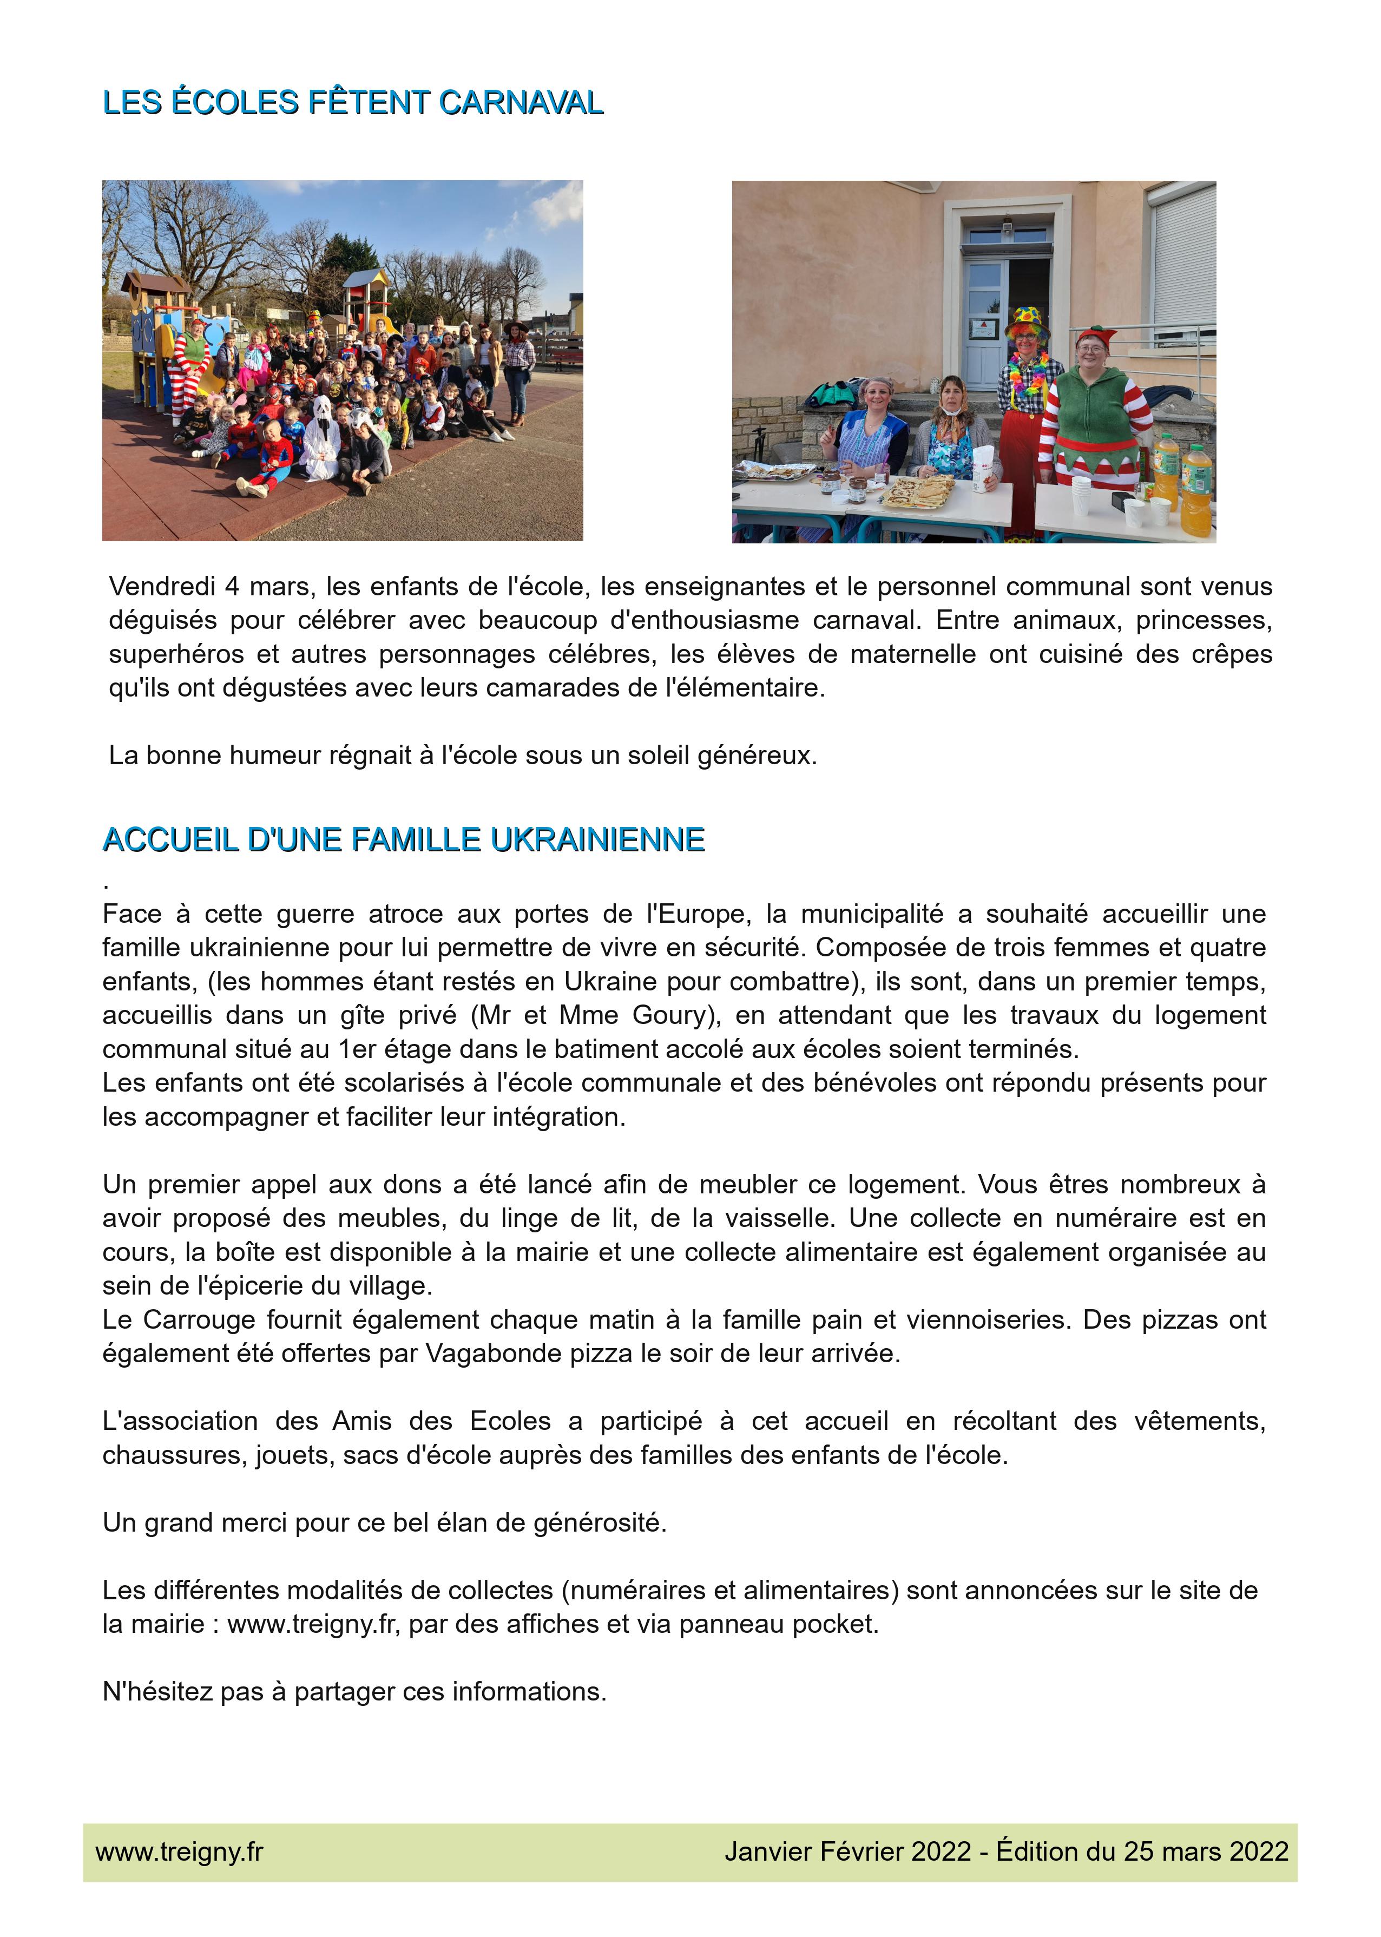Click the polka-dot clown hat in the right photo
tap(1027, 321)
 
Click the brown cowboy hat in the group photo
tap(516, 327)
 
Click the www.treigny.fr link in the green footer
tap(180, 1852)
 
